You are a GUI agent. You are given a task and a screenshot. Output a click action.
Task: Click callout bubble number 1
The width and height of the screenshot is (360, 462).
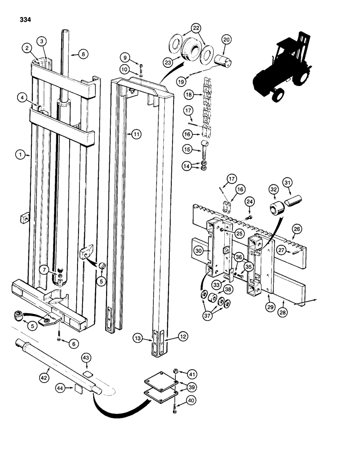point(20,156)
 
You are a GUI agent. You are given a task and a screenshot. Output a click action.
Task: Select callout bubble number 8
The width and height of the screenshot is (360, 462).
point(83,54)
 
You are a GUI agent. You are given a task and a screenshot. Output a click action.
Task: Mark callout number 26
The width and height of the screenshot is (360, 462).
point(297,228)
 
